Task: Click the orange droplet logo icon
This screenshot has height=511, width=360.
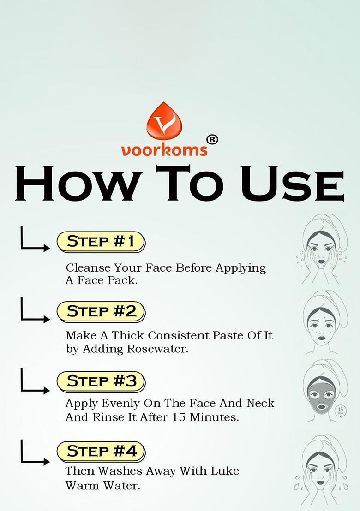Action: point(164,121)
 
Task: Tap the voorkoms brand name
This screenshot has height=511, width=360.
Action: point(164,150)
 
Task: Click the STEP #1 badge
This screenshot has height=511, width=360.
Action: point(101,242)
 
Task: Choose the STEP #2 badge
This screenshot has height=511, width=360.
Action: point(101,312)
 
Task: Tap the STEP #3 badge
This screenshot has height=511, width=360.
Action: point(101,381)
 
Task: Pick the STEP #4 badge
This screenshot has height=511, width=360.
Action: point(101,452)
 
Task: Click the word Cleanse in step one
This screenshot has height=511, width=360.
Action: point(88,268)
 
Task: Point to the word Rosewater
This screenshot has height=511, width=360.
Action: point(157,349)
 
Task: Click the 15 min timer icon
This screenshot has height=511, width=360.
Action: point(341,410)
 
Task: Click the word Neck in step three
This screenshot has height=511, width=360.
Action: point(260,403)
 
